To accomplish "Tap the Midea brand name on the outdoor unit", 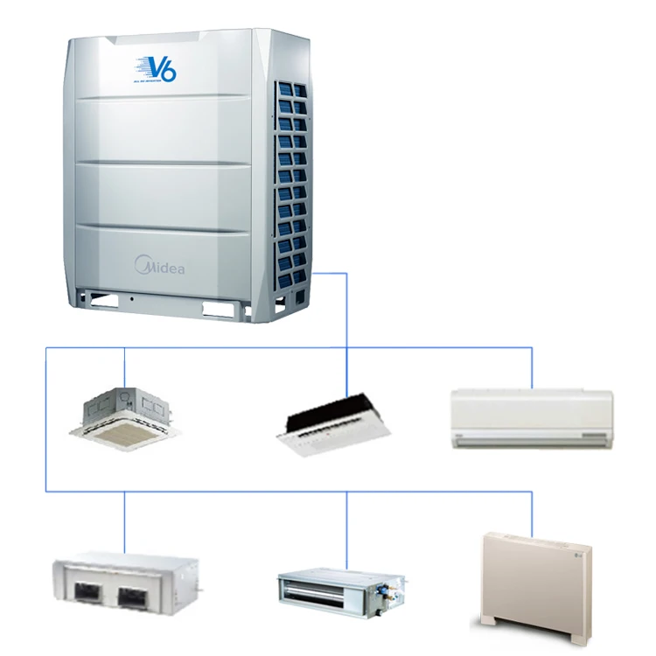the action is tap(159, 264).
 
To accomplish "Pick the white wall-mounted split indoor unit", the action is tap(531, 418).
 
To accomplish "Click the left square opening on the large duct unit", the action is tap(87, 594).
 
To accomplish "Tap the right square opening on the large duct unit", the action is tap(136, 597).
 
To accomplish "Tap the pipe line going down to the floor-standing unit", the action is tap(532, 512).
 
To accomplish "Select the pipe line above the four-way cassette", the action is tap(124, 367).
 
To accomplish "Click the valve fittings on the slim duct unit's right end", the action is tap(389, 595).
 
